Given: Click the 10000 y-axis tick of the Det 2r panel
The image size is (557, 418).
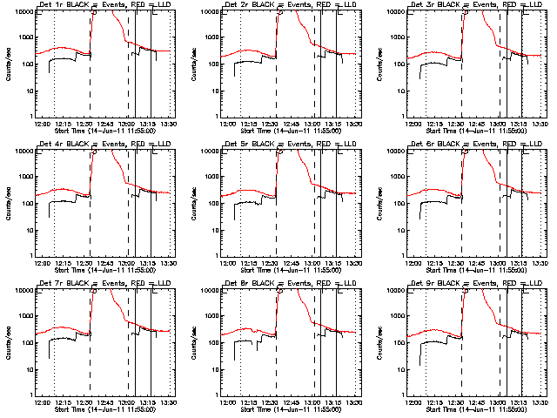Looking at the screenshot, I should pos(209,12).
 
